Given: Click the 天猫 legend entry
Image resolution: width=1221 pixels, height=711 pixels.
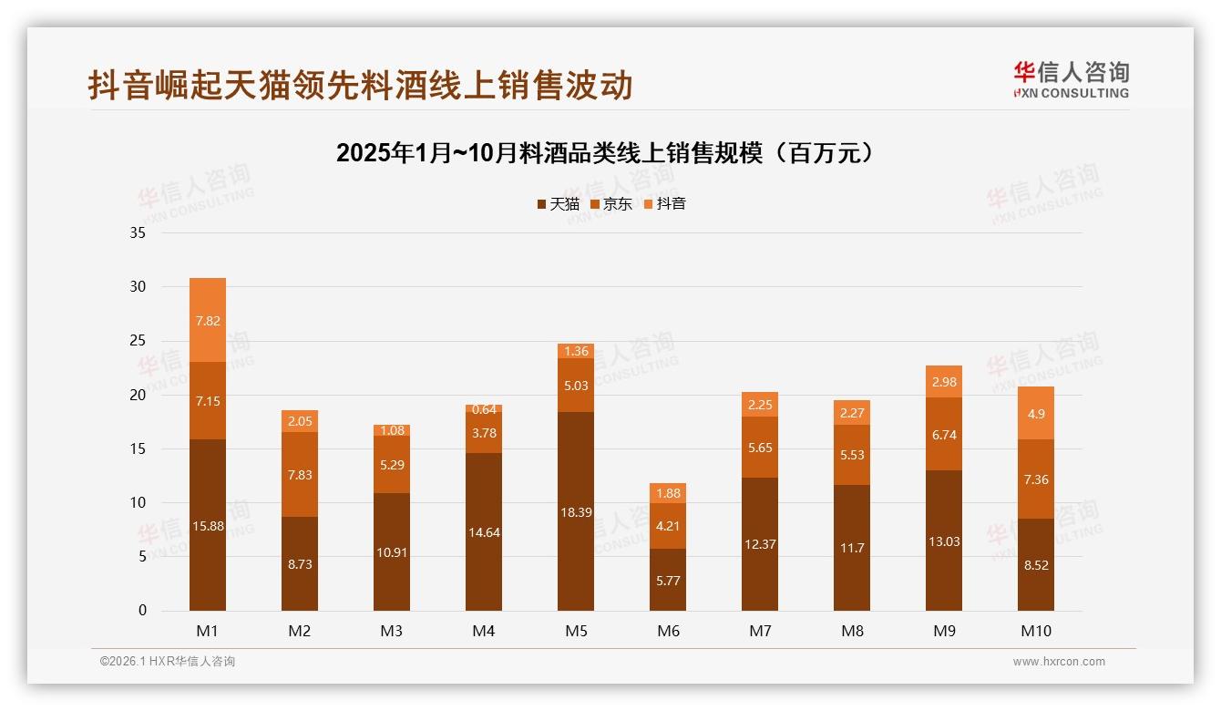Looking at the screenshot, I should point(558,204).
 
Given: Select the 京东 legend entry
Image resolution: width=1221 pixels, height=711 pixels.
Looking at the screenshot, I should point(610,204).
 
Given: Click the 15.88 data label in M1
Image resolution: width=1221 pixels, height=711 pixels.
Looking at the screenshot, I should point(208,526).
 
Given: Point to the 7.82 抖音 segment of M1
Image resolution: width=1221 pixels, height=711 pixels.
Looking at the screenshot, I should point(208,320).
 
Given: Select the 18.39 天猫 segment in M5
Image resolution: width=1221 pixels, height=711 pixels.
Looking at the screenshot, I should point(576,511).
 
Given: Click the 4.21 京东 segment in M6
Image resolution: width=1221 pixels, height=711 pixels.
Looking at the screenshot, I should point(668,525).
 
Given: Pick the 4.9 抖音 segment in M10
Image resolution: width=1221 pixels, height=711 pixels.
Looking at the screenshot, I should point(1036,413).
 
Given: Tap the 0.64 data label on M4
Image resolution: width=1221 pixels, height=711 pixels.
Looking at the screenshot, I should point(484,410).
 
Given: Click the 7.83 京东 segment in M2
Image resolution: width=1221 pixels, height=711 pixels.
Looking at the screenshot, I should point(300,474).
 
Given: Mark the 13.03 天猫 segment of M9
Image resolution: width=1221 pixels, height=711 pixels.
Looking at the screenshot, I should point(944,541).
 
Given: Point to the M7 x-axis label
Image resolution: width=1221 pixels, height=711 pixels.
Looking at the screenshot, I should point(760,631).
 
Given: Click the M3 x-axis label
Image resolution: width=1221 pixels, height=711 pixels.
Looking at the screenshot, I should point(392,631).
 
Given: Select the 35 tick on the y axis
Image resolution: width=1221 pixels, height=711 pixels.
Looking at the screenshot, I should point(138,233).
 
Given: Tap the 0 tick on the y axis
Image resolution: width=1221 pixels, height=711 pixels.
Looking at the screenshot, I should point(142,611).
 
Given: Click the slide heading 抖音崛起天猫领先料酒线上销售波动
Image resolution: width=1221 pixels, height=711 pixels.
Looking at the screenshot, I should point(360,86).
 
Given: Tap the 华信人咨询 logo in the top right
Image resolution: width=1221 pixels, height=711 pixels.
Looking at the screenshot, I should point(1071,79).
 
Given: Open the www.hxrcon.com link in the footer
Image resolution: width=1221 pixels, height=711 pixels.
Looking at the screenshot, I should point(1059,662).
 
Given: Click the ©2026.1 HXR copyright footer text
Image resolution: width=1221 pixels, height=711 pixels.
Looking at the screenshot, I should point(168,662).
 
